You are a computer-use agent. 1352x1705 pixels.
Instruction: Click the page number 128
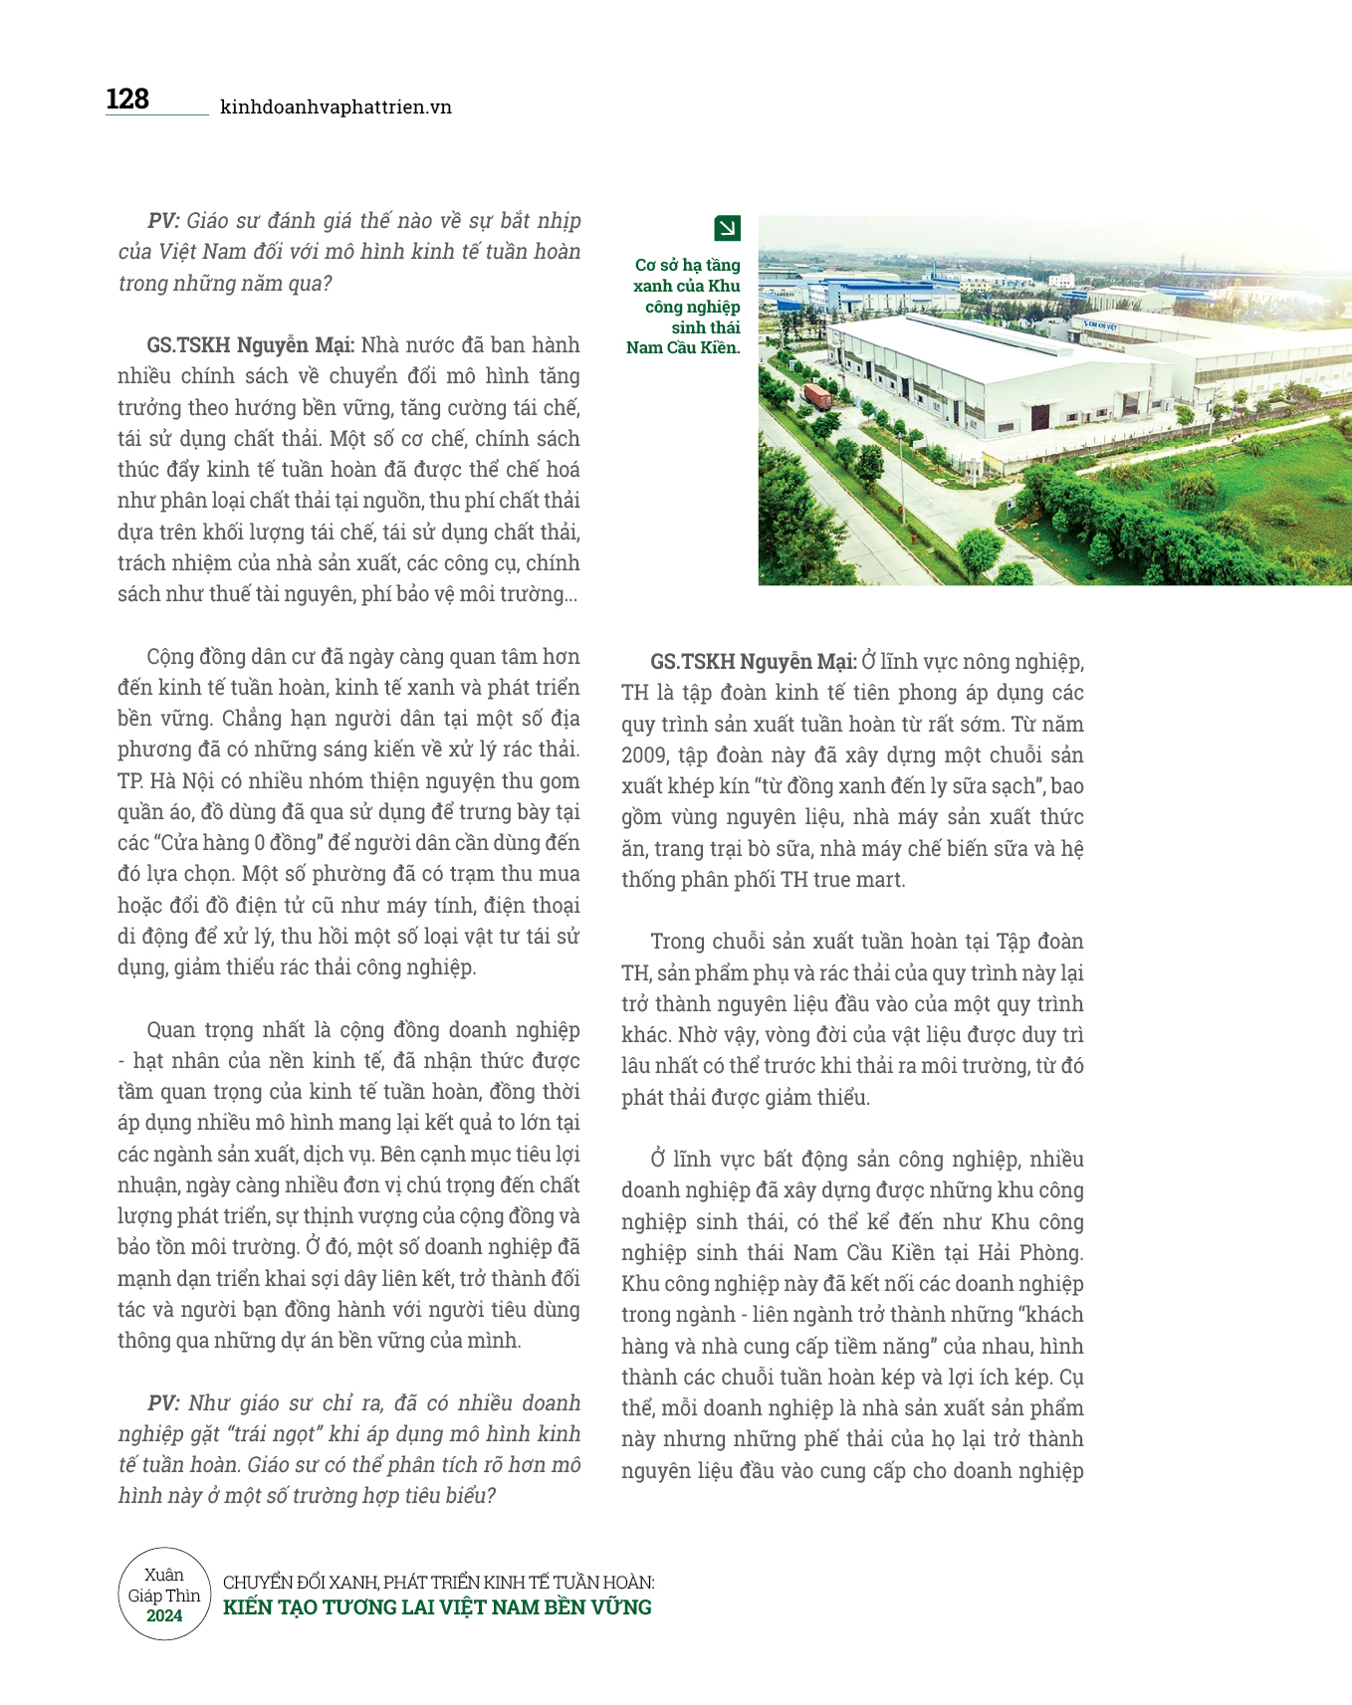coord(127,100)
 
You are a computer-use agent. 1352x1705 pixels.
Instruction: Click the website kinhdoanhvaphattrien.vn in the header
coord(336,107)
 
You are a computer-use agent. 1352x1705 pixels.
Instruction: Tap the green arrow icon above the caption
coord(728,229)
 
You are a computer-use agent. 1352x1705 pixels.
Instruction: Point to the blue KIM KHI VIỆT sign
coord(1101,325)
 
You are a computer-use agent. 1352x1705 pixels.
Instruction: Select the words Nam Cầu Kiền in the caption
coord(683,347)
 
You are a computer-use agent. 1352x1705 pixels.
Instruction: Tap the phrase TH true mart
coord(842,880)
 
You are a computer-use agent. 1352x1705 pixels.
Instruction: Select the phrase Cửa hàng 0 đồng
coord(246,843)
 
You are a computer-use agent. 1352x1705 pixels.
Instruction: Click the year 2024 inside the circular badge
coord(164,1615)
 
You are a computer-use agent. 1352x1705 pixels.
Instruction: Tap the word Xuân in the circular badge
coord(164,1575)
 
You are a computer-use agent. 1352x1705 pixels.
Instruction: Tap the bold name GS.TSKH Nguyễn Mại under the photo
coord(754,662)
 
